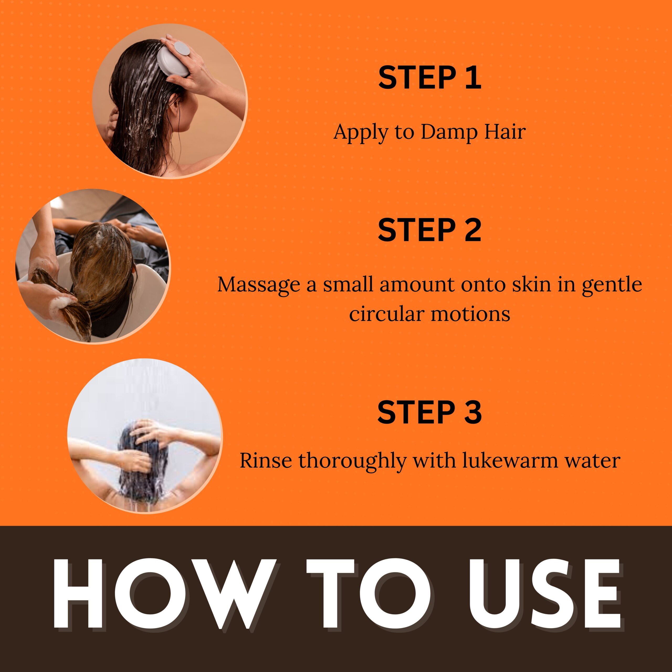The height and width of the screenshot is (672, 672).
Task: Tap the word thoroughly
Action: tap(352, 461)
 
